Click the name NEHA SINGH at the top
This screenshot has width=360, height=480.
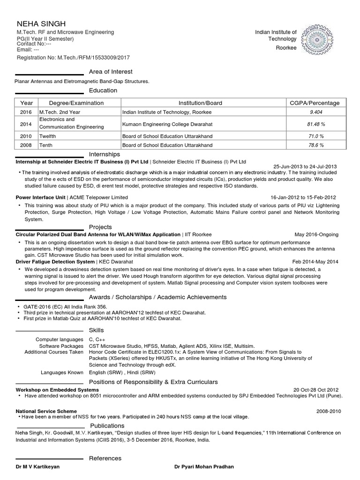41,23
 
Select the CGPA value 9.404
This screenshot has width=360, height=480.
316,112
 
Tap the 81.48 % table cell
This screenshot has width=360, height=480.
316,124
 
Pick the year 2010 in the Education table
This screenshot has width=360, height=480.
27,136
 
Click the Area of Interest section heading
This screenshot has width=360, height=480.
111,72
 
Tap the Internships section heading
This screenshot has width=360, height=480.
104,154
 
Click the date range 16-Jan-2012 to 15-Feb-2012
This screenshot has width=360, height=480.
303,198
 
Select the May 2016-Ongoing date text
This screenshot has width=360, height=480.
316,234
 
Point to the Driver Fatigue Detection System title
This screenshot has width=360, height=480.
55,261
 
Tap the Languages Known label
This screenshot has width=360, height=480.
62,373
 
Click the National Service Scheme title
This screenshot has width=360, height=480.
46,411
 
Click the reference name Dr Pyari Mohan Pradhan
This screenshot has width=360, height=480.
204,467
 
